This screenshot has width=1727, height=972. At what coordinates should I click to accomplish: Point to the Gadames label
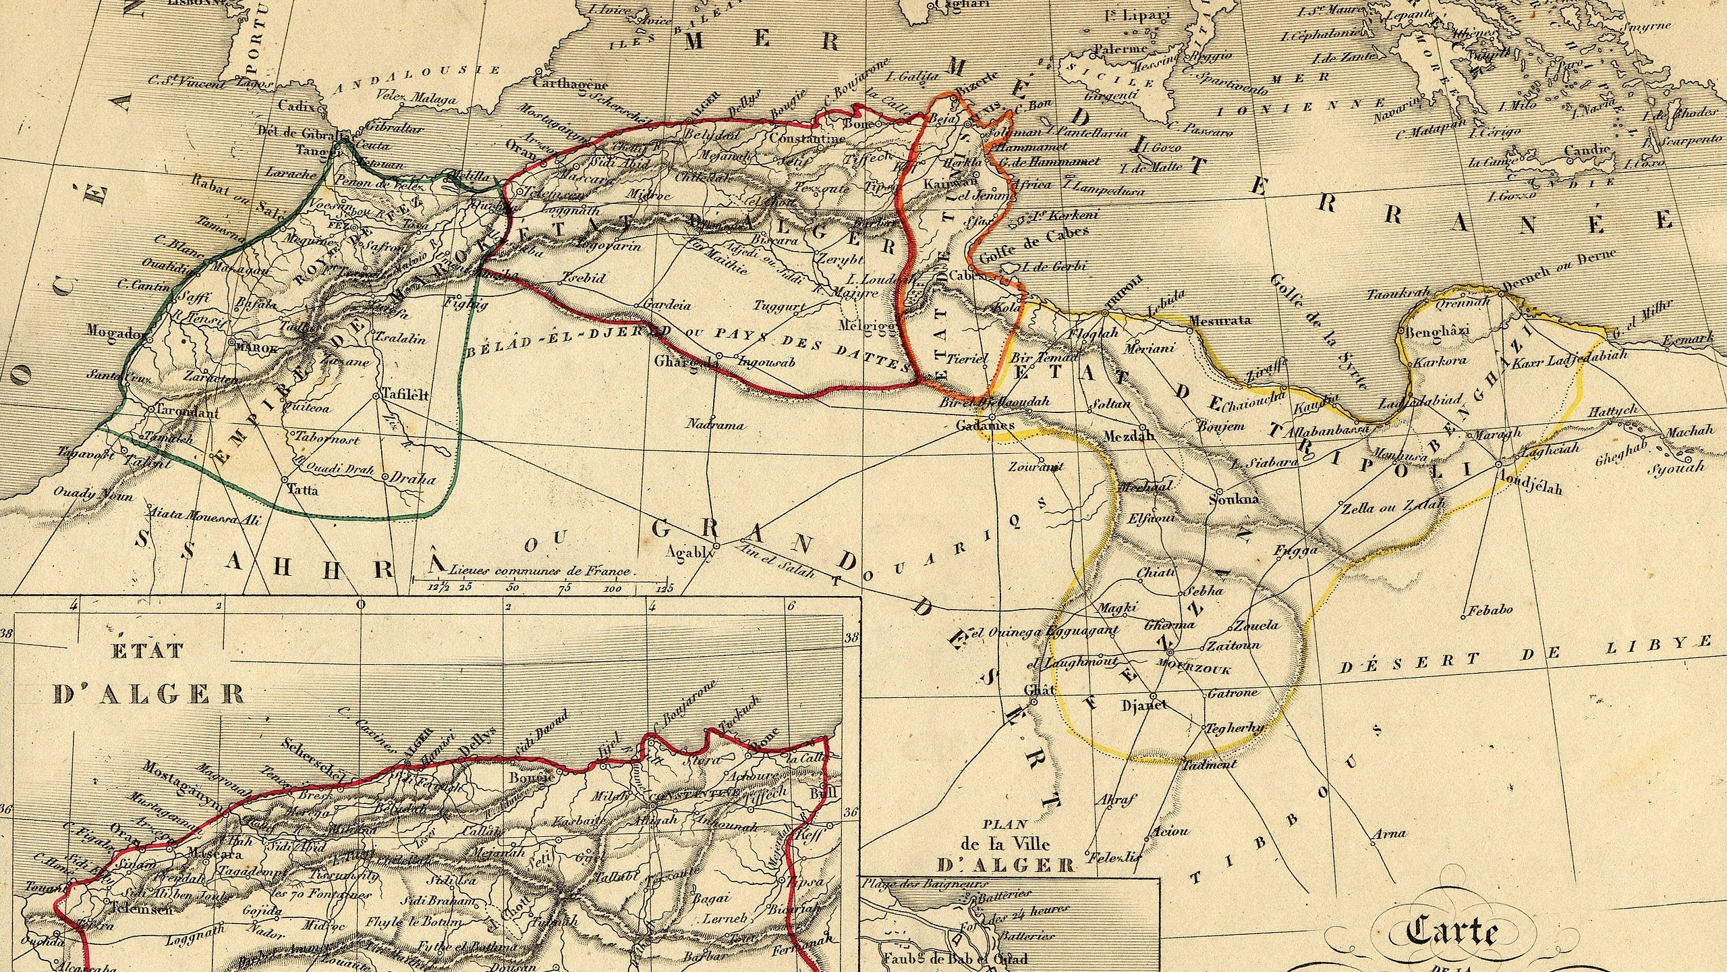coord(985,425)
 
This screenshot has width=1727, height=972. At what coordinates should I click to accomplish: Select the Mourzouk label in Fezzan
coord(1194,670)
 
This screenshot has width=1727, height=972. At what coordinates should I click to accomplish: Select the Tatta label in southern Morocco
coord(302,490)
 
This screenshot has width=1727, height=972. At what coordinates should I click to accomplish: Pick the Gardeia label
coord(668,305)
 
